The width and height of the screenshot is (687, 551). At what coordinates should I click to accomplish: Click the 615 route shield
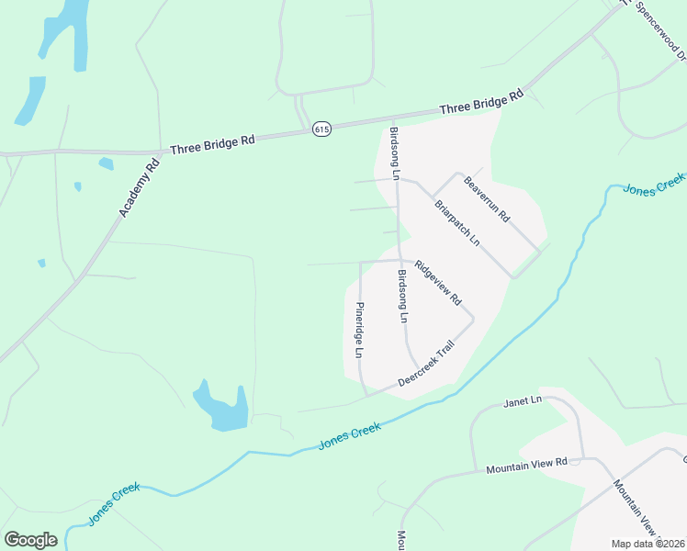tap(321, 129)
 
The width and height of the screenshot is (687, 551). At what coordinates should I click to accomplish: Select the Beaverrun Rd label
tap(487, 197)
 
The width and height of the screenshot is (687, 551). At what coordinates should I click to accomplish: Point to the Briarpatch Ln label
tap(457, 223)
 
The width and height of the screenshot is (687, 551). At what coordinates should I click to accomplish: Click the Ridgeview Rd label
tap(437, 284)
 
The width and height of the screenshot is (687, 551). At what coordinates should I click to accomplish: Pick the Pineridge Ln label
tap(360, 331)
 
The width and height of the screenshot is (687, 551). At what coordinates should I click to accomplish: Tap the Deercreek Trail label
tap(427, 364)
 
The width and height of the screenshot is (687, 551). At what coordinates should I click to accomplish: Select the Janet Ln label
tap(524, 401)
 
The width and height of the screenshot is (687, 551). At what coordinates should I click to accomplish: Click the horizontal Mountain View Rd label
tap(527, 466)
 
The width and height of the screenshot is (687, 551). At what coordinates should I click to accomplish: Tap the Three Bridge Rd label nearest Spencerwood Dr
tap(480, 101)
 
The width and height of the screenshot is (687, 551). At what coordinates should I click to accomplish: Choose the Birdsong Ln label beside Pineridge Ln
tap(401, 297)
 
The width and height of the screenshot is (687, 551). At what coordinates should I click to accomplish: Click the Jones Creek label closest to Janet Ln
tap(349, 435)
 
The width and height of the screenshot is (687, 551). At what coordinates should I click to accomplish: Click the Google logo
tap(30, 540)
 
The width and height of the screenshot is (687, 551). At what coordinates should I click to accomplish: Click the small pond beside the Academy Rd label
tap(106, 164)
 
